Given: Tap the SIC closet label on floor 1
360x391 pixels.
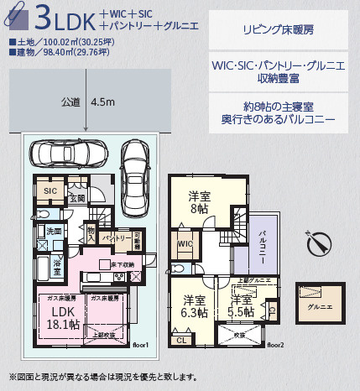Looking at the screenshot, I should (x=50, y=191).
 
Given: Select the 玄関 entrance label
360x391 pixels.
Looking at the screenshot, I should (x=77, y=199).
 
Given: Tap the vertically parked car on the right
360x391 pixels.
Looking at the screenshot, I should (x=134, y=165).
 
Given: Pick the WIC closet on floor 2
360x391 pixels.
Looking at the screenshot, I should (x=185, y=246).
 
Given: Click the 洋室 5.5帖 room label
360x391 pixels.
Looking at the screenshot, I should (x=241, y=306).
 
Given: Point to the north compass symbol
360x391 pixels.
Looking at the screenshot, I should (x=316, y=243).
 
